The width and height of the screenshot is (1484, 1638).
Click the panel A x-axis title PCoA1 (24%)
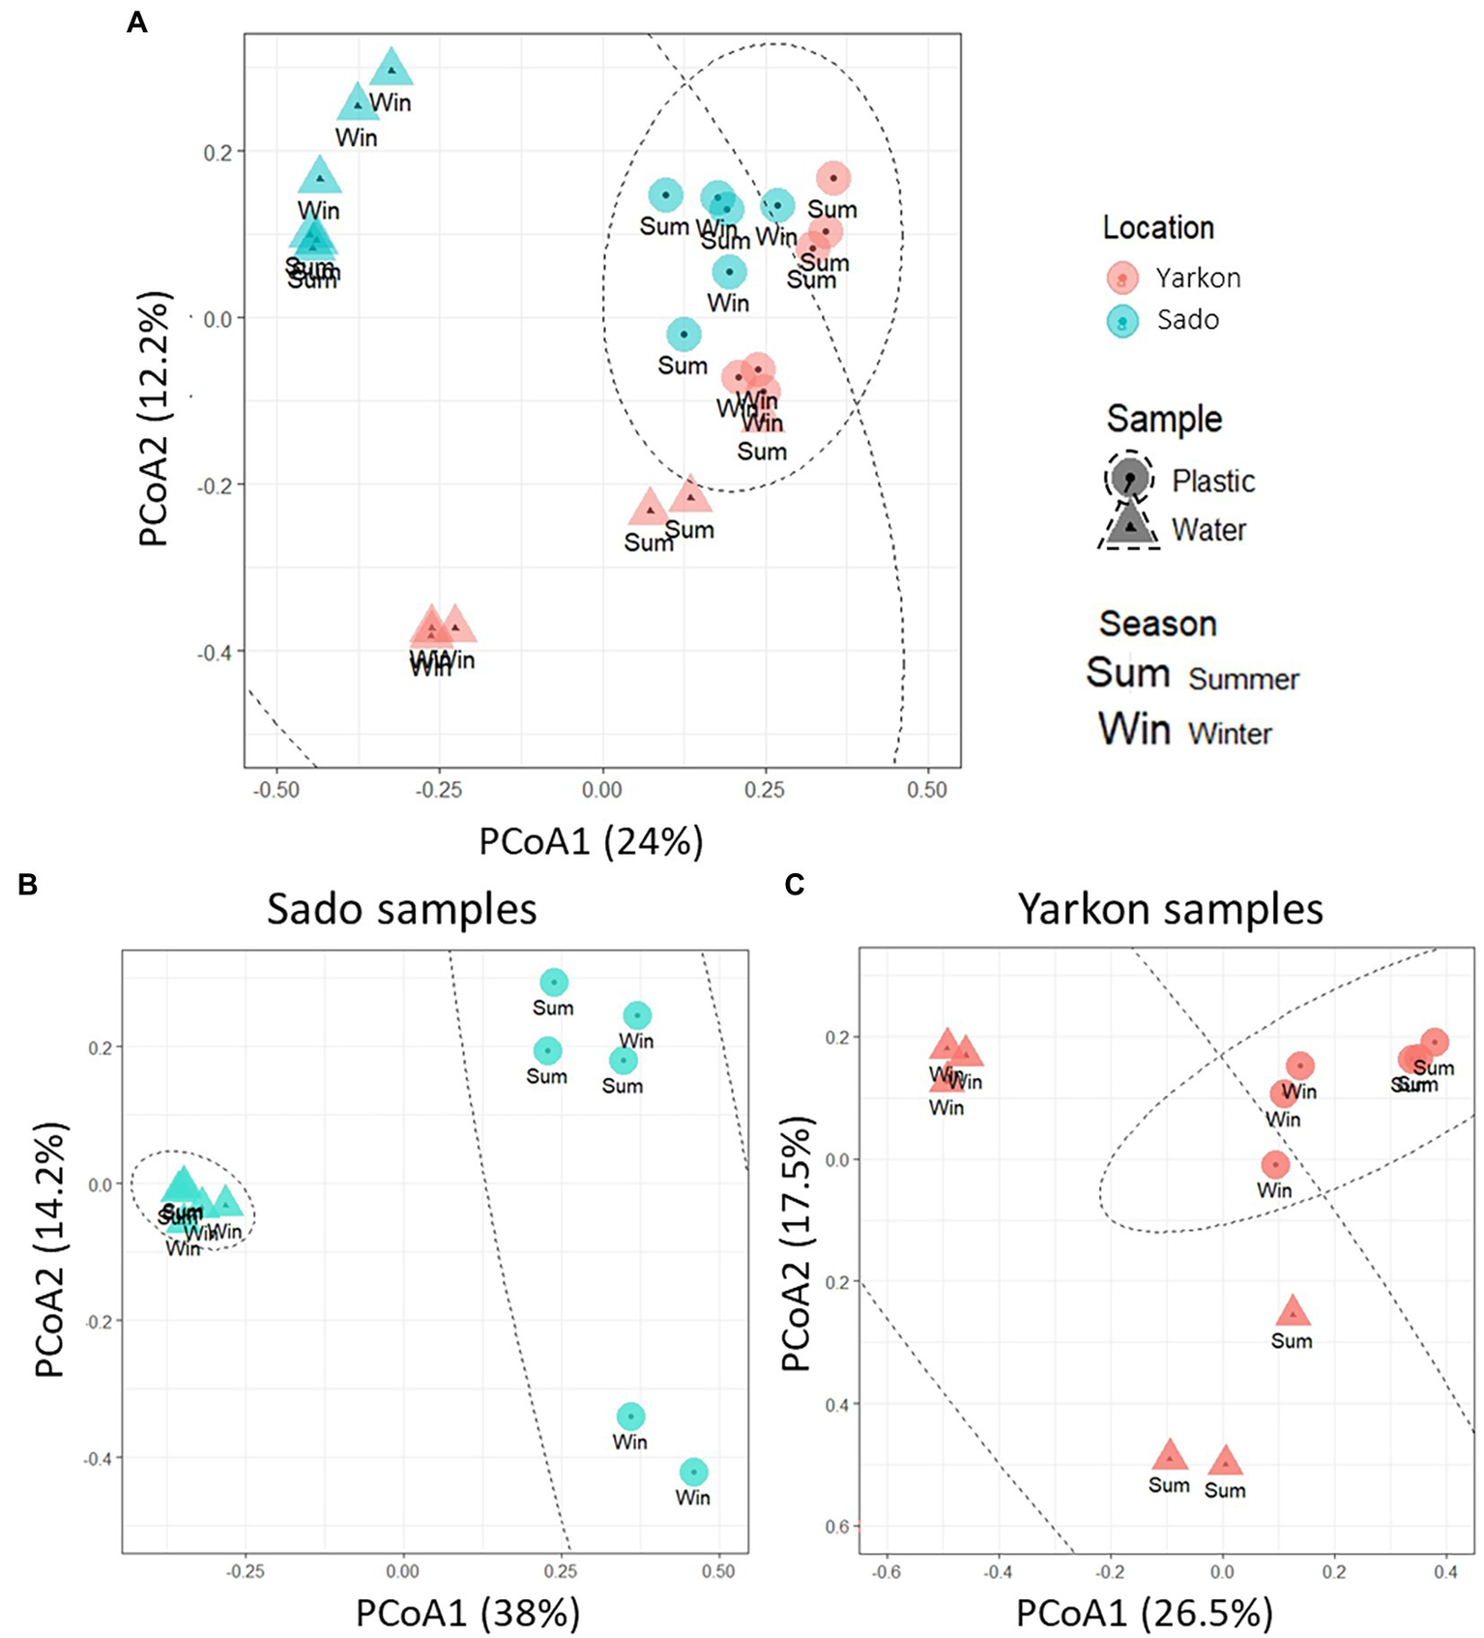click(591, 841)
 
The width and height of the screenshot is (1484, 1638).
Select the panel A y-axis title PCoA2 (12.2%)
click(155, 419)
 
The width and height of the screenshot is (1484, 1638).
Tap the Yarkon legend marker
click(1122, 278)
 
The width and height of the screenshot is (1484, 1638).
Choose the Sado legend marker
click(1122, 321)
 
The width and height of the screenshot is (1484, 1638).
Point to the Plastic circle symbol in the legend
click(1129, 477)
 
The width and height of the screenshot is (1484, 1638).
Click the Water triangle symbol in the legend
click(1130, 525)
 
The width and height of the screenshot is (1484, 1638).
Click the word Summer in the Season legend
click(1243, 679)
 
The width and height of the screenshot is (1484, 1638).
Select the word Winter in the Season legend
click(1230, 733)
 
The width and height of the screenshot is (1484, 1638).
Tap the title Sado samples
click(401, 909)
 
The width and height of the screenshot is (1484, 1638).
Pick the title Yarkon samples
click(1170, 909)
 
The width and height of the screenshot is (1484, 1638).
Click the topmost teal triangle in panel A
click(392, 70)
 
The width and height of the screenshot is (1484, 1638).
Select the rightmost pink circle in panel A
click(833, 178)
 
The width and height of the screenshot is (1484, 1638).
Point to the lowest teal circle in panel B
click(693, 1472)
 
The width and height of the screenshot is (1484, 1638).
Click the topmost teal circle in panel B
click(553, 982)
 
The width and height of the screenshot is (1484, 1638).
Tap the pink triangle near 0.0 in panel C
click(1225, 1461)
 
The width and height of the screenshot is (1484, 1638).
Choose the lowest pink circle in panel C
click(1275, 1164)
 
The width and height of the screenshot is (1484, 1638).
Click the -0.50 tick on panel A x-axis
click(276, 790)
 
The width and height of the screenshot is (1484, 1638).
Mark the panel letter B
click(28, 884)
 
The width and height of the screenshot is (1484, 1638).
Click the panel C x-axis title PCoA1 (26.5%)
click(1144, 1613)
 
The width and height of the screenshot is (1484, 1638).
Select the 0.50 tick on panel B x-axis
click(718, 1571)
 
